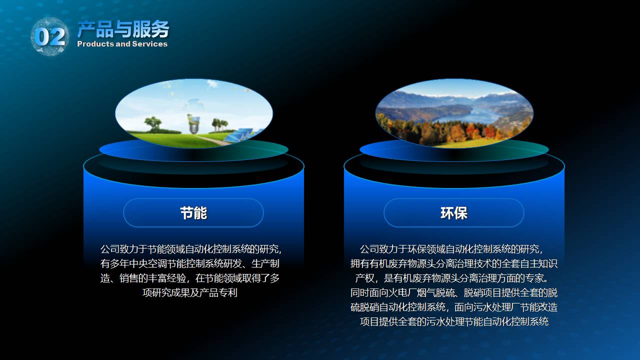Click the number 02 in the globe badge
[50, 37]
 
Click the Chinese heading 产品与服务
[123, 29]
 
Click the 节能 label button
[193, 213]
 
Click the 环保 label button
[453, 213]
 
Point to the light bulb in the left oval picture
[193, 124]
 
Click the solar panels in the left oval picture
[240, 135]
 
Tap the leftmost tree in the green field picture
[153, 123]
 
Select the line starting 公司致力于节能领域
[191, 249]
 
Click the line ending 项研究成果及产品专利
[189, 292]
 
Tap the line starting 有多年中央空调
[189, 263]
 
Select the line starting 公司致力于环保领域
[451, 249]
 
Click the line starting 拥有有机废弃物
[453, 263]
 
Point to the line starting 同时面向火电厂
[453, 292]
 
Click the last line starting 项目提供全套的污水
[454, 321]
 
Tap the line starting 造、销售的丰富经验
[189, 278]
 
